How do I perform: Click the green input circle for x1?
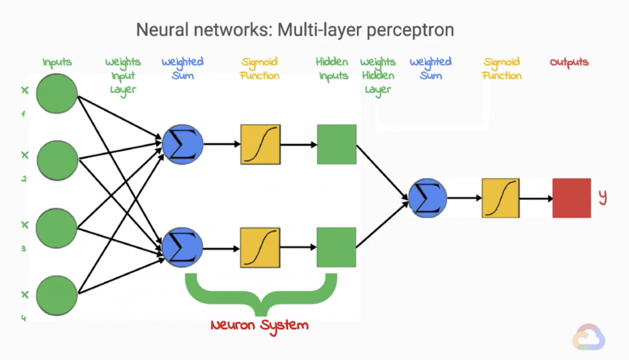[57, 94]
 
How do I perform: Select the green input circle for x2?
[57, 160]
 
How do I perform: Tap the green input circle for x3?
[57, 228]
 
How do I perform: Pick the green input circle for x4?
[57, 295]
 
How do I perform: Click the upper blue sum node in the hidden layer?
[182, 144]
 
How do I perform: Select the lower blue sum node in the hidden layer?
[182, 248]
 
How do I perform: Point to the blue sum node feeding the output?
[428, 198]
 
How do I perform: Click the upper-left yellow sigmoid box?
[260, 144]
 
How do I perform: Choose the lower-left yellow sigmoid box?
[260, 248]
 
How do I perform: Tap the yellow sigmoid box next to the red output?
[501, 198]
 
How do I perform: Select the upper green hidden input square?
[337, 144]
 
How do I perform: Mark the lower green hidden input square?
[337, 248]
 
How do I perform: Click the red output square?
[571, 198]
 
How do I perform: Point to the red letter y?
[603, 197]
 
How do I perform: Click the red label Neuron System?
[259, 324]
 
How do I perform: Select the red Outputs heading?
[569, 62]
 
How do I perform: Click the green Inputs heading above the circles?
[57, 62]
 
